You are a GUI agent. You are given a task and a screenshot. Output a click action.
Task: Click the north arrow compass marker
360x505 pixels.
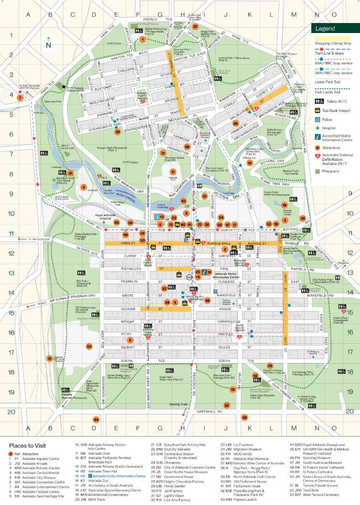pos(48,43)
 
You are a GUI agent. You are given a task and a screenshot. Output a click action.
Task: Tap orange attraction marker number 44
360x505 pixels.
pos(96,419)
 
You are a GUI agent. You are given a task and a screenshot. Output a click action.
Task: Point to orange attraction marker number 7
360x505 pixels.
pos(20,97)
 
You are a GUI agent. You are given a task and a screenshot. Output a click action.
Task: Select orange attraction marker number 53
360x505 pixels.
pos(89,346)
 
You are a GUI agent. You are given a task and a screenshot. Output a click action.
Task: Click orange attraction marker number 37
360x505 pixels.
pos(195,26)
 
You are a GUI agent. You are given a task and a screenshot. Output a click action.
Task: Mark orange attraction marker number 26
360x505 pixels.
pos(235,123)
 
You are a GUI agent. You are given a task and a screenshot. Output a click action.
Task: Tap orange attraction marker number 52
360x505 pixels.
pos(227,405)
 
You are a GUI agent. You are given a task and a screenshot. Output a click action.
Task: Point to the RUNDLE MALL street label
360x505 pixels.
pos(219,244)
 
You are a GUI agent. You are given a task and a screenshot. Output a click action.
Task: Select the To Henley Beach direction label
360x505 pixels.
pos(39,238)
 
